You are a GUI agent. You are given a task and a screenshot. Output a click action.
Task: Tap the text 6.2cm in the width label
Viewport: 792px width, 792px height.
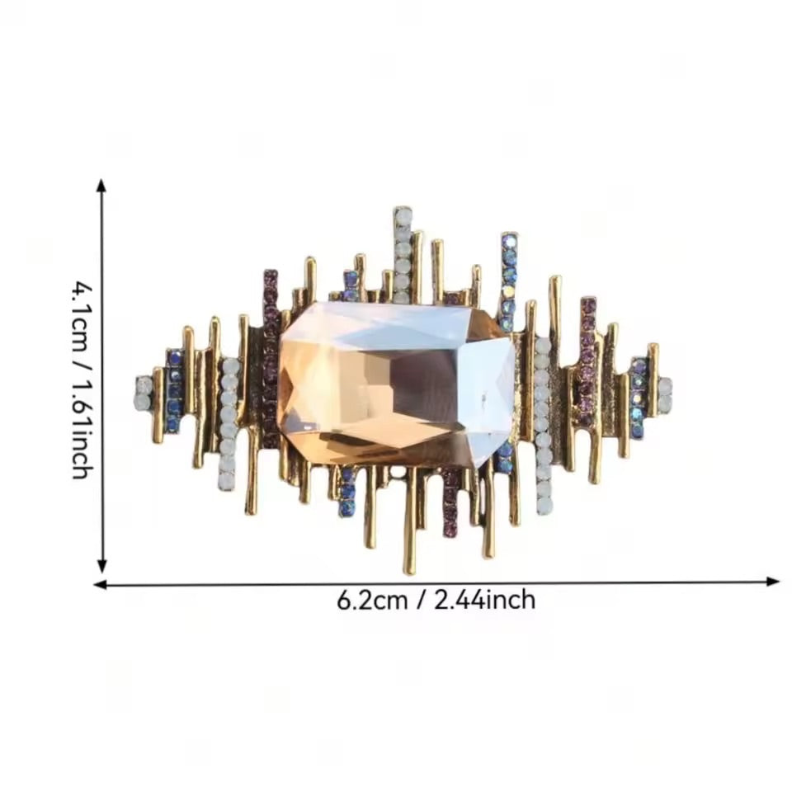[372, 601]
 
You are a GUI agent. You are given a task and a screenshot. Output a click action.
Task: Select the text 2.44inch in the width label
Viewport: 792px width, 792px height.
[485, 601]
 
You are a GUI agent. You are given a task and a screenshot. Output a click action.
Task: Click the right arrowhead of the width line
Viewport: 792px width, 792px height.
[773, 582]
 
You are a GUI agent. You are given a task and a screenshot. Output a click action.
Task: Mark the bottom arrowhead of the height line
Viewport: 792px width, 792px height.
[102, 566]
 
